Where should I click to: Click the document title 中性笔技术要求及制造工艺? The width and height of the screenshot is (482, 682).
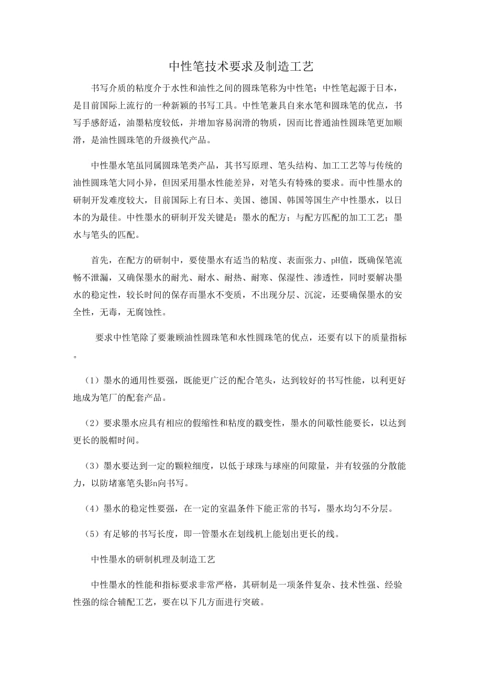tap(240, 67)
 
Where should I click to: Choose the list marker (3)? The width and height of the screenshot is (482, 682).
tap(93, 465)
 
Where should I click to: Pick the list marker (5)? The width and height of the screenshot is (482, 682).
tap(93, 534)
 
